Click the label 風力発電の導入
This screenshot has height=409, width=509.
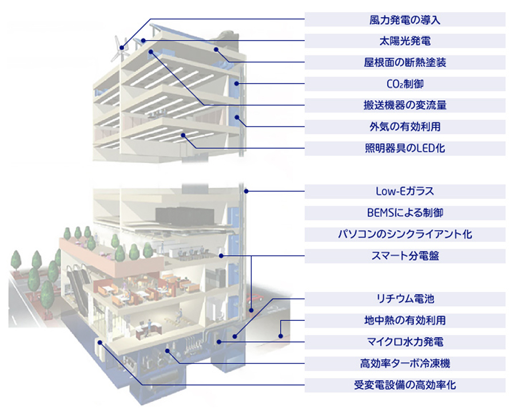coord(405,20)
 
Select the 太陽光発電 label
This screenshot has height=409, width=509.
coord(405,41)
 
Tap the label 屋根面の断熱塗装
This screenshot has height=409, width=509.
coord(405,62)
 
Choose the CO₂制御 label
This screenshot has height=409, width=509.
coord(405,84)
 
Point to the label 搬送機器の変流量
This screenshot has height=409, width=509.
coord(405,105)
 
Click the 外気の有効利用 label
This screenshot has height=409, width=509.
coord(405,126)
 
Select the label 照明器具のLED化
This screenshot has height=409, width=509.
coord(405,148)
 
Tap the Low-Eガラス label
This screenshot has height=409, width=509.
coord(405,191)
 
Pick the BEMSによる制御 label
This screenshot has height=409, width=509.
coord(405,213)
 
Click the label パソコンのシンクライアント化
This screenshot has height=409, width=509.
coord(405,234)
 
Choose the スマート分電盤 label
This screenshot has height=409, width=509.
coord(405,256)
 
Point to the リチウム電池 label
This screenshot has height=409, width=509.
coord(405,299)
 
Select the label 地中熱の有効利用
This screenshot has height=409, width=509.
coord(405,320)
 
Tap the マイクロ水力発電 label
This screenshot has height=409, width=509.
coord(405,342)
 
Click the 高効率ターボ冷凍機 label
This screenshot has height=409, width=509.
coord(405,363)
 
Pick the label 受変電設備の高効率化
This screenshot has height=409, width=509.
coord(405,385)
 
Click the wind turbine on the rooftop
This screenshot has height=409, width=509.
coord(120,49)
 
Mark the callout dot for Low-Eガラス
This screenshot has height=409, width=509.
coord(246,191)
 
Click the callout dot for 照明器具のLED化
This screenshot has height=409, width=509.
coord(184,135)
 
